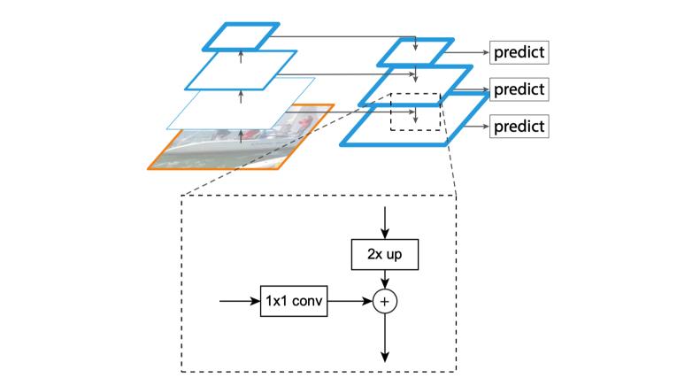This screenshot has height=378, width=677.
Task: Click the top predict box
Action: tap(519, 52)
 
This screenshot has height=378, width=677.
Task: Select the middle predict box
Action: tap(519, 89)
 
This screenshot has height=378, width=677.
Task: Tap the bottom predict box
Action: tap(519, 126)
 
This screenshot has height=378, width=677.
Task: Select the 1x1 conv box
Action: tap(294, 302)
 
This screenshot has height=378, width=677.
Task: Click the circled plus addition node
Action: tap(385, 302)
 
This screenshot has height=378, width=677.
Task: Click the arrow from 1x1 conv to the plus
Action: tap(350, 302)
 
